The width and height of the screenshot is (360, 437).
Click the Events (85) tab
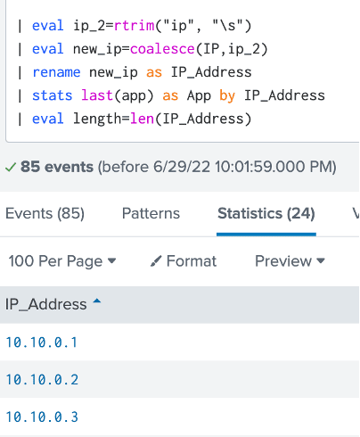(x=45, y=213)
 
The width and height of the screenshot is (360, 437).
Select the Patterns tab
(x=151, y=213)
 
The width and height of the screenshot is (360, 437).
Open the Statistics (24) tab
(x=266, y=213)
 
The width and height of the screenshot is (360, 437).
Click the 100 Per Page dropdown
(x=62, y=261)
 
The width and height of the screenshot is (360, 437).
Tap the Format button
(x=184, y=261)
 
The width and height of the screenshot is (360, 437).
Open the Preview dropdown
(x=290, y=261)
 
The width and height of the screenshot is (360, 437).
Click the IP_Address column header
(x=46, y=304)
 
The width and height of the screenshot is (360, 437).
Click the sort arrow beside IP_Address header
(x=97, y=301)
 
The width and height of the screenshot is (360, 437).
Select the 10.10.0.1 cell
(x=42, y=342)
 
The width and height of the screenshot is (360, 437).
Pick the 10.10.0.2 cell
(x=42, y=380)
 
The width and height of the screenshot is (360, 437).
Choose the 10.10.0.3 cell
(x=42, y=416)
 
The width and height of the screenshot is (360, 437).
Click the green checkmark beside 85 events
(x=11, y=168)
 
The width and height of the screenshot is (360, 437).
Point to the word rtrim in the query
(x=135, y=26)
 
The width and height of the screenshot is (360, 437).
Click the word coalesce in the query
(x=162, y=49)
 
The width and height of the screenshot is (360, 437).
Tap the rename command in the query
(x=56, y=72)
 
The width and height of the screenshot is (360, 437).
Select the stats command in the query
(x=53, y=95)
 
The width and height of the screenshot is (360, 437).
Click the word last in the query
(x=97, y=95)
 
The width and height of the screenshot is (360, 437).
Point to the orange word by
(x=227, y=96)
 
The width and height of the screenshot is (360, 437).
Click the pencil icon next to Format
(x=156, y=261)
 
